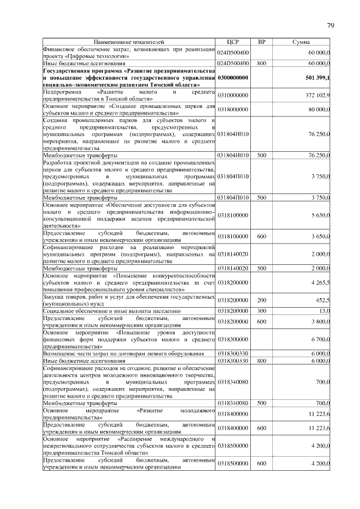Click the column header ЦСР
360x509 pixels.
coord(233,42)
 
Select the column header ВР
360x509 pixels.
coord(261,42)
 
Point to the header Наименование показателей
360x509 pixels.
coord(129,42)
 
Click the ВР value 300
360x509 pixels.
coord(261,310)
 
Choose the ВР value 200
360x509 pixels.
coord(261,300)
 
